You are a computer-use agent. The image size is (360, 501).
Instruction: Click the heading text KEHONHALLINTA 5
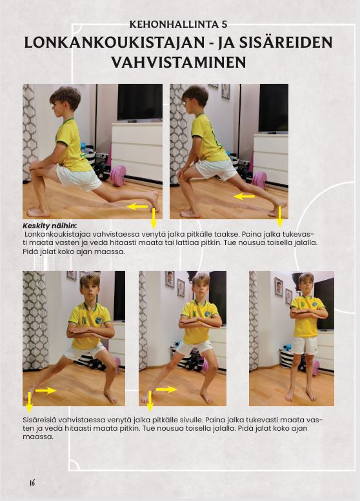tap(179, 25)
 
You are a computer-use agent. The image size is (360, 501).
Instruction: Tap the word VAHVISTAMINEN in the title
tap(179, 62)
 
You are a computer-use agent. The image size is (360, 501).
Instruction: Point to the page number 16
tap(32, 482)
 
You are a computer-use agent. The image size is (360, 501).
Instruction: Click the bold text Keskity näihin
tap(50, 226)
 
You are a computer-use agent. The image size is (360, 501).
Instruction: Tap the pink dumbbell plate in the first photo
tap(117, 175)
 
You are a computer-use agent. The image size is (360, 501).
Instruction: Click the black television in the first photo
tap(140, 103)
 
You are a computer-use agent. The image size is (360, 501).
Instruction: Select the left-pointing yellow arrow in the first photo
tap(137, 207)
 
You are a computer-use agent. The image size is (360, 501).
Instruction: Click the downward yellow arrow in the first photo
tap(154, 219)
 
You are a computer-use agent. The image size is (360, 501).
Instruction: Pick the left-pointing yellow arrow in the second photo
tap(244, 197)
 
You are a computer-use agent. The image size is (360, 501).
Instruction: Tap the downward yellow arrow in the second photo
tap(280, 217)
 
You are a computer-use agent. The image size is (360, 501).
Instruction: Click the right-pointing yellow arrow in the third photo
tap(46, 391)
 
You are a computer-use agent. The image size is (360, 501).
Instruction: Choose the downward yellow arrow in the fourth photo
tap(150, 401)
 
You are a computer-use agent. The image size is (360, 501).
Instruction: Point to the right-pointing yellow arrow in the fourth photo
tap(166, 389)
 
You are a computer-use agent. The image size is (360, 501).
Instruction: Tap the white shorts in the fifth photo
tap(305, 346)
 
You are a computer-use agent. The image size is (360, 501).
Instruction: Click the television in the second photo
tap(274, 108)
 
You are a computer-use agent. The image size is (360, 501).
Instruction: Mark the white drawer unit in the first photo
tap(137, 152)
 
